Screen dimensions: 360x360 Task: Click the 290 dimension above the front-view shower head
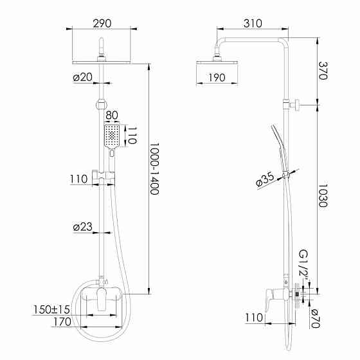(101, 23)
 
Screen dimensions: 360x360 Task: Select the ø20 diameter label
(84, 77)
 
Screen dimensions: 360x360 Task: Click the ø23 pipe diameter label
(84, 226)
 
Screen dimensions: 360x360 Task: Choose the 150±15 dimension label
(52, 310)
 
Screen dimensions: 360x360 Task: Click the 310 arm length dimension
(253, 23)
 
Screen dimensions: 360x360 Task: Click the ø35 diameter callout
(265, 181)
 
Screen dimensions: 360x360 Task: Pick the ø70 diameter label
(314, 319)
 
